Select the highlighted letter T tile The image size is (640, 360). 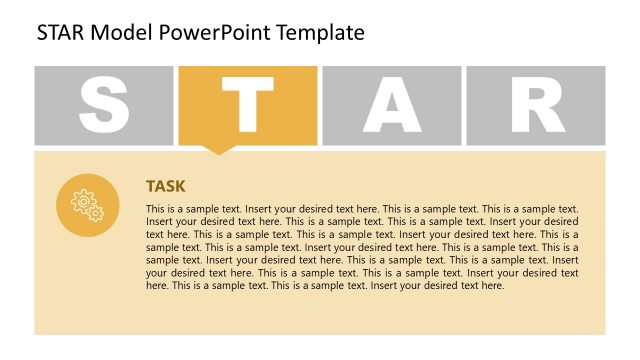click(249, 106)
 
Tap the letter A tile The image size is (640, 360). click(392, 106)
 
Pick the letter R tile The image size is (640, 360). click(536, 106)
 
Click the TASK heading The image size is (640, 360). click(166, 186)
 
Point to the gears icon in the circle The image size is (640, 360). click(88, 205)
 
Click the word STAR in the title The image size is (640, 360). click(62, 32)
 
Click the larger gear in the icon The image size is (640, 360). click(83, 200)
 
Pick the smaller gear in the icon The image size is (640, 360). click(95, 212)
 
